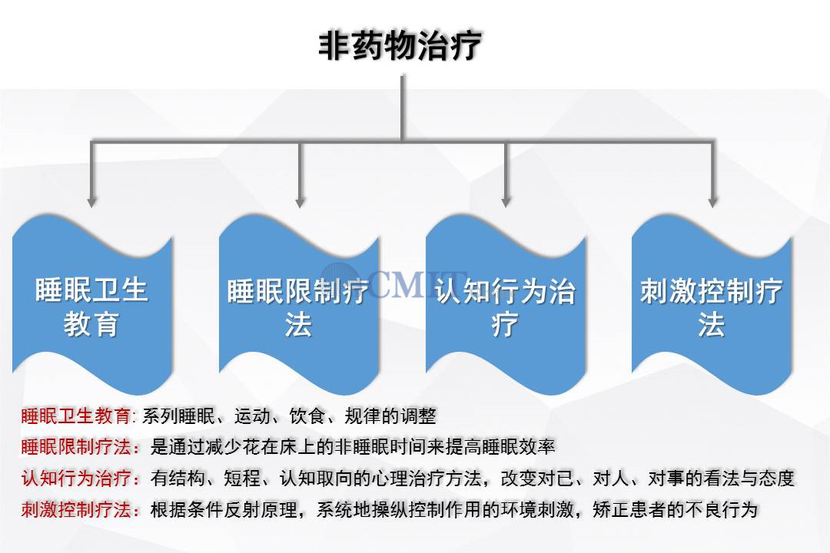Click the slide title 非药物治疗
tap(400, 45)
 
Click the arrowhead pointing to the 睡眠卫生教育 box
tap(92, 201)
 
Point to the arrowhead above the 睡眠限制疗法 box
tap(299, 201)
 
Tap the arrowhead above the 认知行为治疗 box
tap(505, 201)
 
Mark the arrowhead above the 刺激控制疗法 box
tap(712, 201)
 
